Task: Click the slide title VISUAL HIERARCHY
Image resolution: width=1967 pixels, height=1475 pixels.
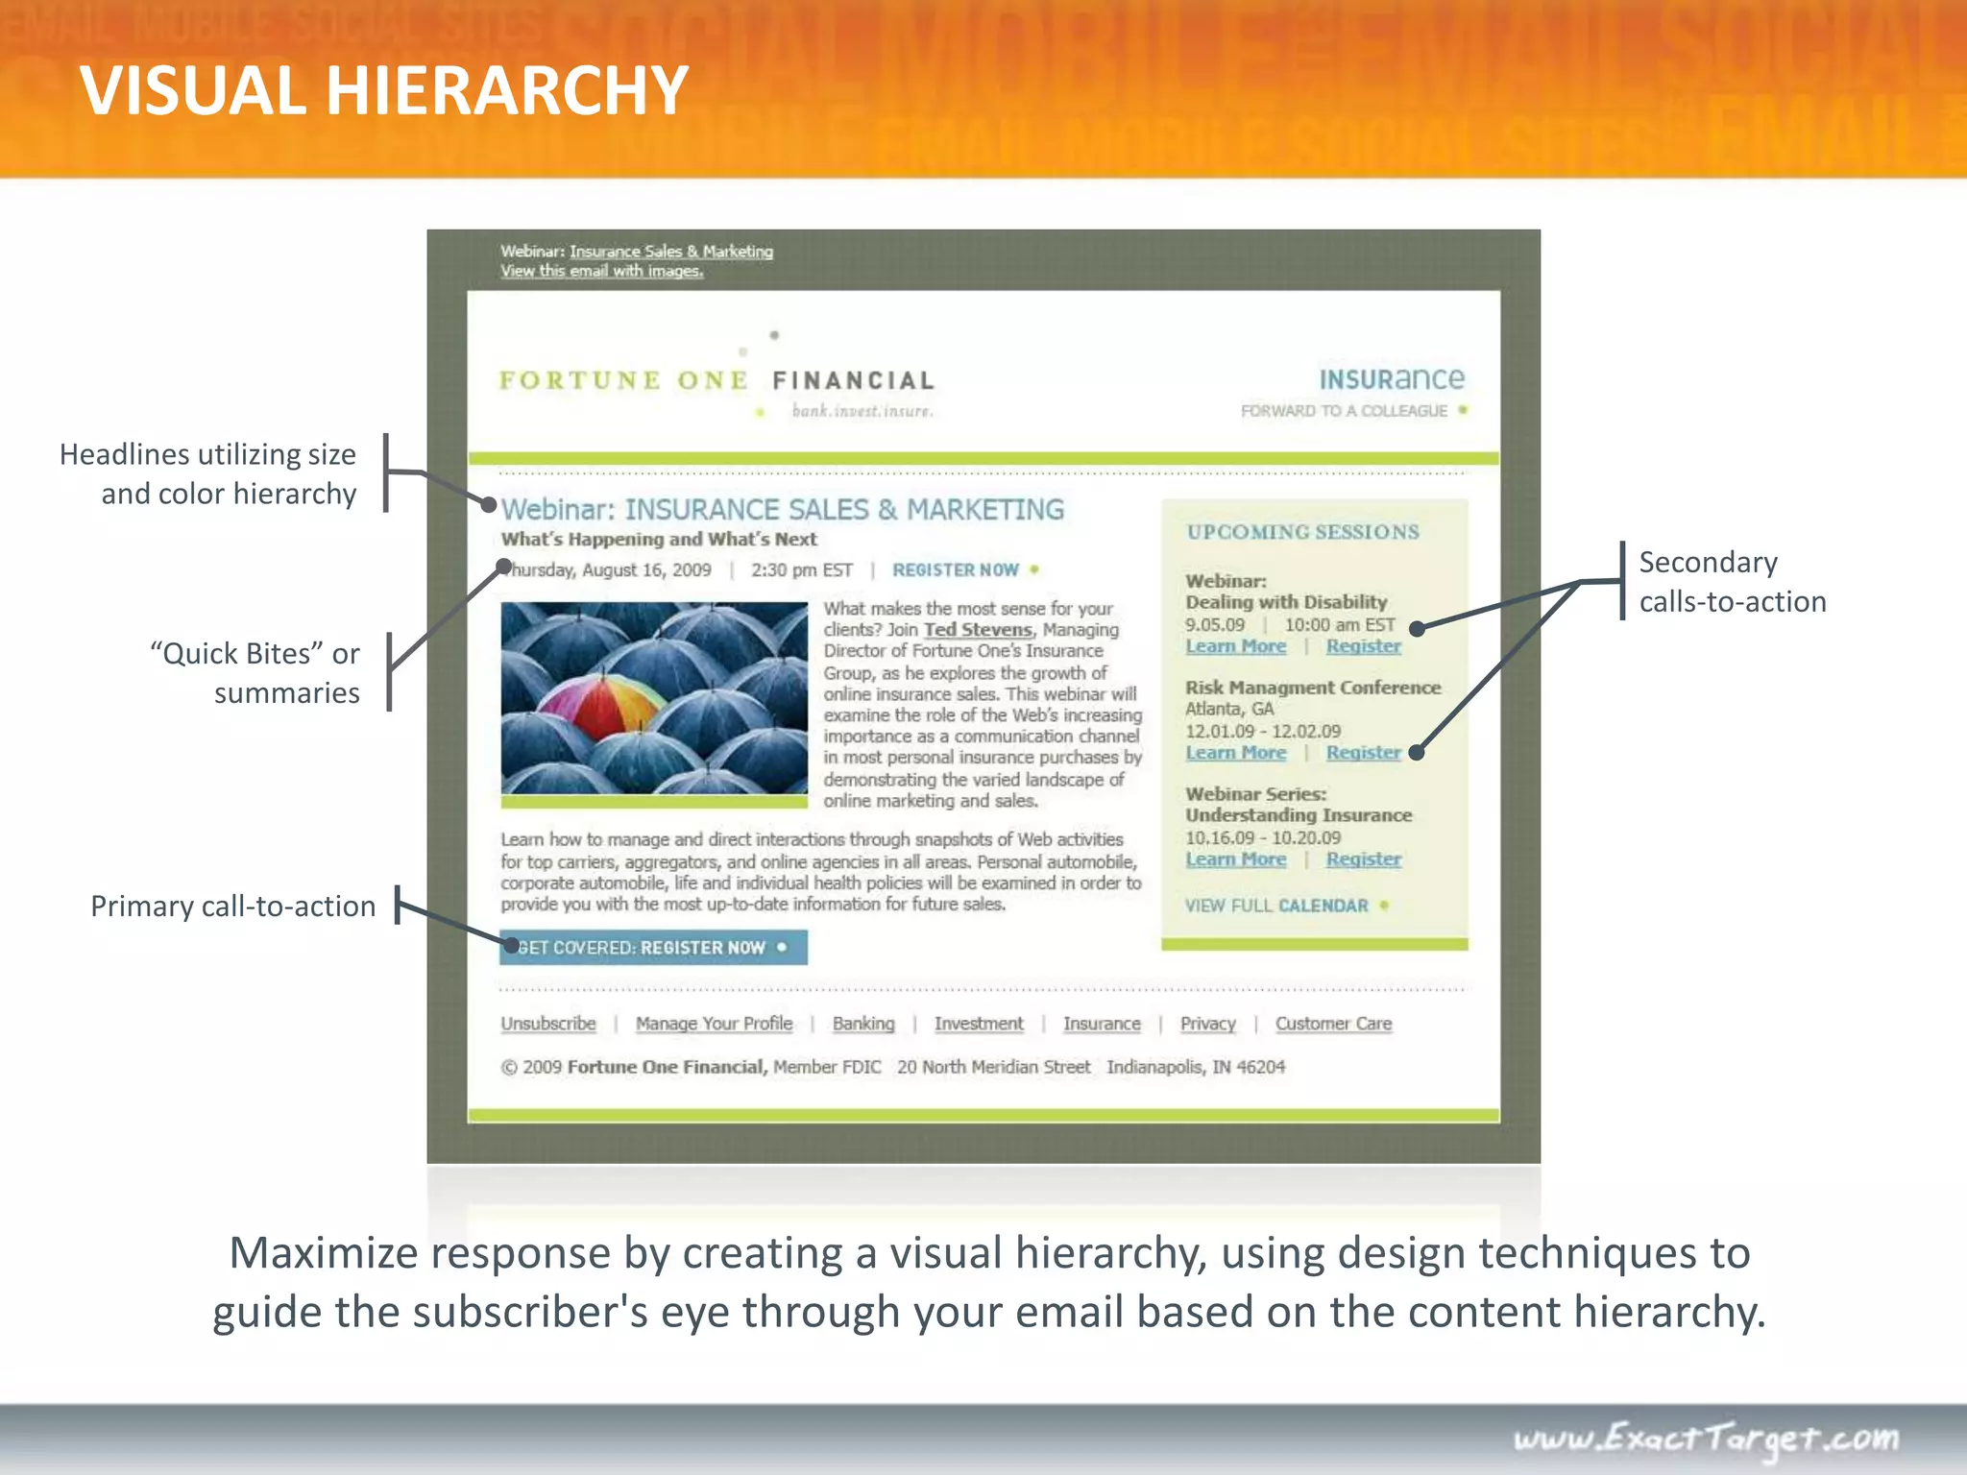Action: [383, 91]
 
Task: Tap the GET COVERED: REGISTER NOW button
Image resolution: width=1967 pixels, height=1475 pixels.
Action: [653, 948]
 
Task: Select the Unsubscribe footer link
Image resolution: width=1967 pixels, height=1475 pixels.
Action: [548, 1024]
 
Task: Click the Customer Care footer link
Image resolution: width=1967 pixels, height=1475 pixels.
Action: [1333, 1024]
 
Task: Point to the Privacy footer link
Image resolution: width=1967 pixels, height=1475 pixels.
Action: [1207, 1024]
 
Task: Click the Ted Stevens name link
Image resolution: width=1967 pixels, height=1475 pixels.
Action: [978, 630]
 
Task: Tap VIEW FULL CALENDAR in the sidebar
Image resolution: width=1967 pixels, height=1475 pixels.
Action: [1276, 906]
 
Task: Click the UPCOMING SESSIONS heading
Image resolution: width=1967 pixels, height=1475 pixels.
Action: [1302, 532]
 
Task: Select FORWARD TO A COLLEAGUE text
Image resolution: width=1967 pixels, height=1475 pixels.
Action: [1344, 411]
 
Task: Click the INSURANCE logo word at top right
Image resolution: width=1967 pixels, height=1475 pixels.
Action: [1391, 379]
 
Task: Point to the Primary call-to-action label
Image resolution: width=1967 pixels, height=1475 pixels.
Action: [232, 906]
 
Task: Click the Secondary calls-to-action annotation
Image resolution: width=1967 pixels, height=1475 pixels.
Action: [1732, 582]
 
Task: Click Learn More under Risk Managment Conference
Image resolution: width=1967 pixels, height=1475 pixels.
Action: [1235, 753]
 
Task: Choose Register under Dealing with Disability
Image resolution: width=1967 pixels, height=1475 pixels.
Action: [1363, 646]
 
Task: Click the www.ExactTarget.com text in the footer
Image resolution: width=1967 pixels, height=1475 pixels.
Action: [1706, 1438]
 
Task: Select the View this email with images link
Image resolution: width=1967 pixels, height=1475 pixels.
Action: [601, 272]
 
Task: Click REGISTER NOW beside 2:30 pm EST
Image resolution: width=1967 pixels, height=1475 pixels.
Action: [956, 570]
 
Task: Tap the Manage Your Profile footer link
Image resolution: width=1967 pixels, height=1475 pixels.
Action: [714, 1024]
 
